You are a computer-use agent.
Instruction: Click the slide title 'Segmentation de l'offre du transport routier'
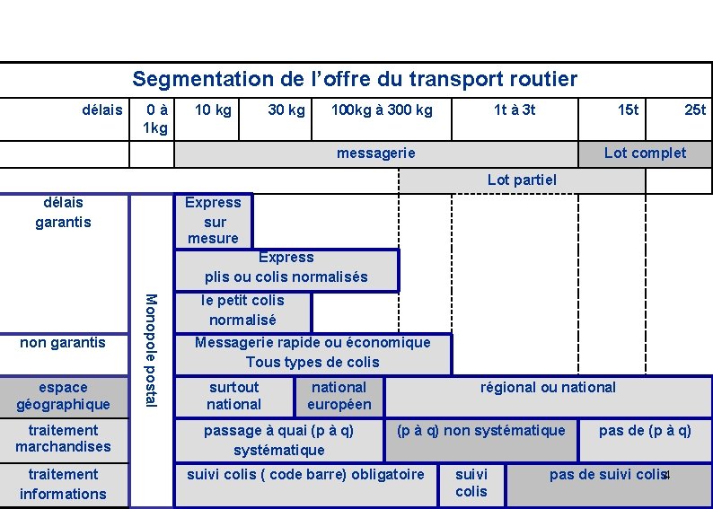coord(355,79)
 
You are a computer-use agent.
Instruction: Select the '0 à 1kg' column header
coord(154,118)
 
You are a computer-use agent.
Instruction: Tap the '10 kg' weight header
coord(213,110)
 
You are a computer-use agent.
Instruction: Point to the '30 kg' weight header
coord(286,110)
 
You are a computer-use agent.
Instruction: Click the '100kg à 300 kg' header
coord(382,110)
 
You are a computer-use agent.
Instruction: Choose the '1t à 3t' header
coord(515,110)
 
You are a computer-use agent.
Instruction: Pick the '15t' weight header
coord(628,110)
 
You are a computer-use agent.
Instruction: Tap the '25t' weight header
coord(695,110)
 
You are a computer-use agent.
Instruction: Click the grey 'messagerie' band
coord(375,154)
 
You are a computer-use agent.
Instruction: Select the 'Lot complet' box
coord(644,154)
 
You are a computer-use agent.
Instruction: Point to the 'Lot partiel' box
coord(522,180)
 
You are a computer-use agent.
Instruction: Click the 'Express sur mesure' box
coord(213,221)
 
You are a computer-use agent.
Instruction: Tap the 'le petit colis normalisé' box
coord(242,311)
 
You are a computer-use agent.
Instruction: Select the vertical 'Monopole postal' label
coord(152,350)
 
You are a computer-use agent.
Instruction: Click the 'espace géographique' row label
coord(63,396)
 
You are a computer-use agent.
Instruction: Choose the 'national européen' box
coord(339,396)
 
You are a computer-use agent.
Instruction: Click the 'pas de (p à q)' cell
coord(645,431)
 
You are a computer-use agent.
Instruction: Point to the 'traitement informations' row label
coord(63,484)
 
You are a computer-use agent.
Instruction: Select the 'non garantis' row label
coord(63,342)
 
